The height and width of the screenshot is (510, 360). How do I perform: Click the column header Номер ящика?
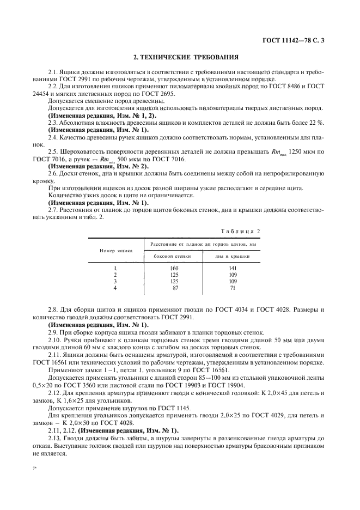click(x=115, y=251)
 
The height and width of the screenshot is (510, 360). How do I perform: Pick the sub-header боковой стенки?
click(x=174, y=256)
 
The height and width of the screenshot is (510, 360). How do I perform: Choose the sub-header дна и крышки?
click(x=232, y=256)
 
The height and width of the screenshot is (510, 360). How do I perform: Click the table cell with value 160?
click(x=174, y=268)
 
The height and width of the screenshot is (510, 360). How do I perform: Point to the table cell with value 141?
click(x=233, y=268)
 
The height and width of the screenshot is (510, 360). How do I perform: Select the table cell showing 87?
click(x=174, y=288)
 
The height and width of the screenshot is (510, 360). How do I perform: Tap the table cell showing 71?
click(x=233, y=288)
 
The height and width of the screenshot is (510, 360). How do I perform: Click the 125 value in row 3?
click(x=174, y=281)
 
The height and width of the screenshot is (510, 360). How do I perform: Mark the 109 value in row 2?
click(x=233, y=275)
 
